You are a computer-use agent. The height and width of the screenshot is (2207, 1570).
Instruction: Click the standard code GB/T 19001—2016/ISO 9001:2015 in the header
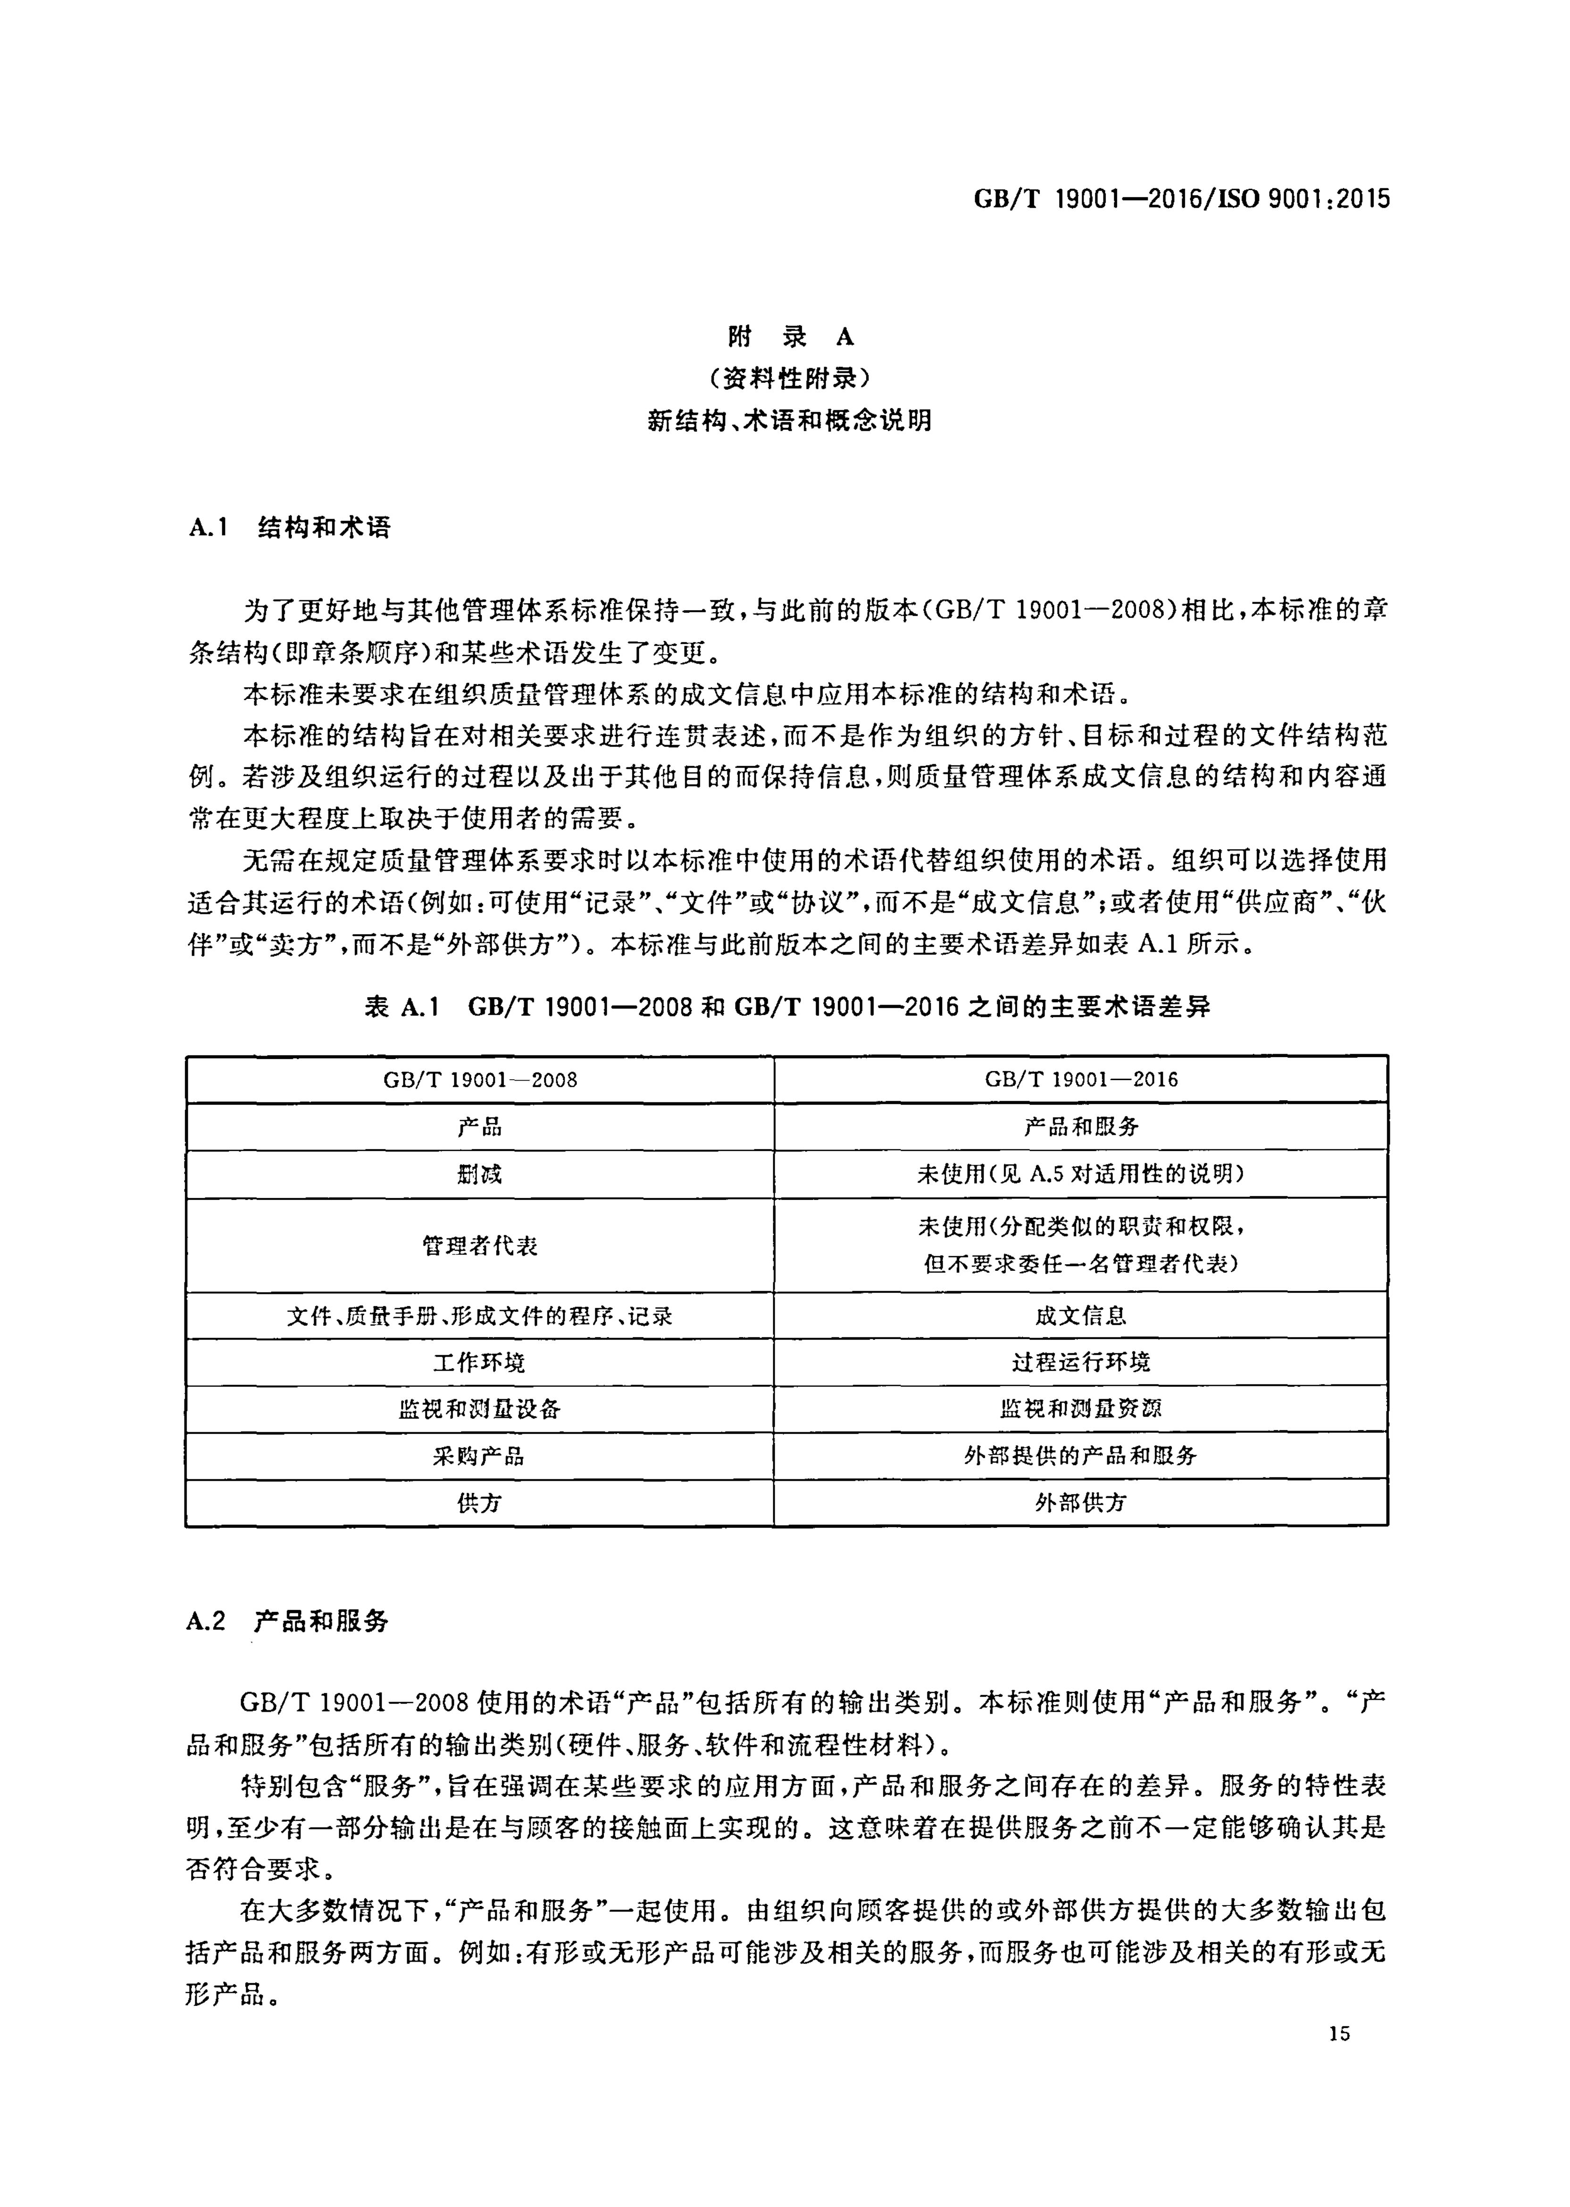click(x=1181, y=199)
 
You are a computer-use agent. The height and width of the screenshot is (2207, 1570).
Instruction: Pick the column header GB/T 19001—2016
click(x=1081, y=1079)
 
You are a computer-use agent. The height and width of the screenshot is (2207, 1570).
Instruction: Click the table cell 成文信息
click(x=1081, y=1315)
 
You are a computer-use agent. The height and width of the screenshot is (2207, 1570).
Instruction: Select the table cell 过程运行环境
click(x=1081, y=1363)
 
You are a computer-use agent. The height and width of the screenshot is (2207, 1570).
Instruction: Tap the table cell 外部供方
click(x=1081, y=1503)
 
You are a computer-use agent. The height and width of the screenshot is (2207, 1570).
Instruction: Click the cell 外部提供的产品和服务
click(x=1081, y=1457)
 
